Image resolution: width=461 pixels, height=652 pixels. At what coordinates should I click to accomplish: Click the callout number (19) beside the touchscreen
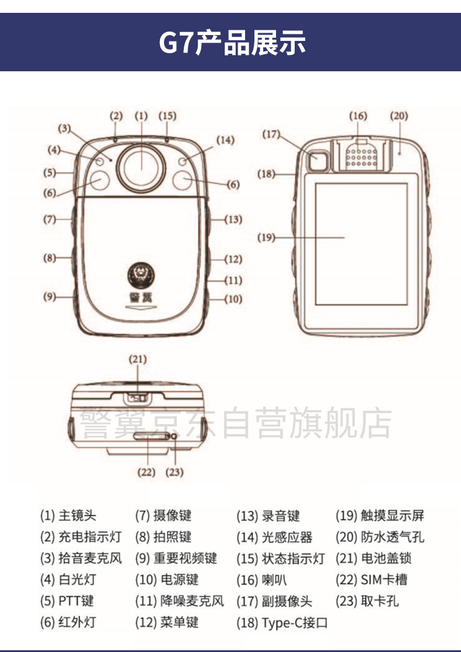click(266, 237)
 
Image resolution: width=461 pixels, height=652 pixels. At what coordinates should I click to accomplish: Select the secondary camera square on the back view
click(319, 160)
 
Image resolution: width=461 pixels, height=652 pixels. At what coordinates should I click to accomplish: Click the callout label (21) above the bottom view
click(138, 359)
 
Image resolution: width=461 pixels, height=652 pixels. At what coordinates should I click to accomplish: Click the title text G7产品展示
click(232, 43)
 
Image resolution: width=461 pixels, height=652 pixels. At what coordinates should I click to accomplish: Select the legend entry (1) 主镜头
click(68, 516)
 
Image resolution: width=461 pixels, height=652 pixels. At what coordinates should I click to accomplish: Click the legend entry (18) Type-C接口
click(282, 622)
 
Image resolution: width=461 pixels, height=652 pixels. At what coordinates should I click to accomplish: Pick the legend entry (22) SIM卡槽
click(371, 579)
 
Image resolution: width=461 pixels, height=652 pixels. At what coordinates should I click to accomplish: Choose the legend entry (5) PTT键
click(67, 601)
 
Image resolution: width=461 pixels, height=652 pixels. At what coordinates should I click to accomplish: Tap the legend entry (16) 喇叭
click(261, 580)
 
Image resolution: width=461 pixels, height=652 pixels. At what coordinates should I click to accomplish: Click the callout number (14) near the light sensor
click(225, 140)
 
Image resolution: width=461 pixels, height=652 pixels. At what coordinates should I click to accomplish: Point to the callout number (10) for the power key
click(233, 299)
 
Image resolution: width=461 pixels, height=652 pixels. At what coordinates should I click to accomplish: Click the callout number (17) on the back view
click(271, 134)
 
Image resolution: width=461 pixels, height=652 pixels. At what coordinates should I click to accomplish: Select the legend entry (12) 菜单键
click(167, 622)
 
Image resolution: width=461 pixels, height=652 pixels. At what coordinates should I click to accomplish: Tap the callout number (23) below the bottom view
click(174, 472)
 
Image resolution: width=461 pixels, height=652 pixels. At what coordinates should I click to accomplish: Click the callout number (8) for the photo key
click(50, 258)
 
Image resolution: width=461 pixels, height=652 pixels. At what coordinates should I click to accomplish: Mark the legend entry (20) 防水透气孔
click(380, 537)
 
